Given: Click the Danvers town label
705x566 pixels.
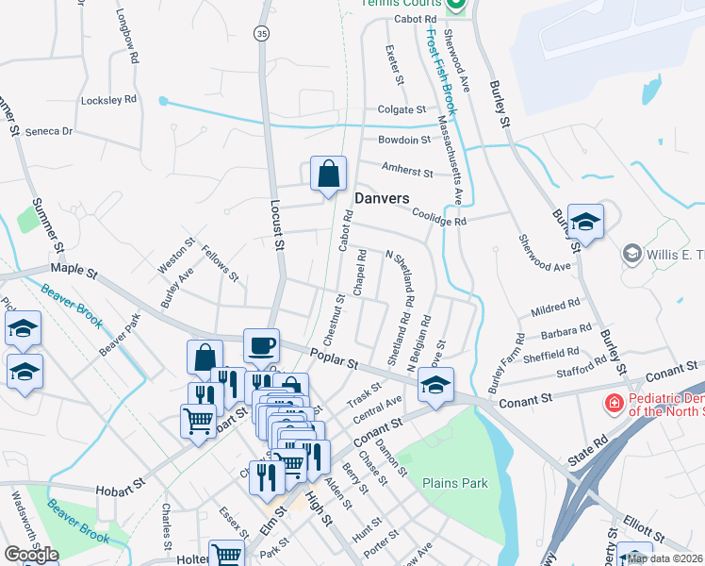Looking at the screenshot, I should click(382, 198).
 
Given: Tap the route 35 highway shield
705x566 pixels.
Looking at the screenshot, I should click(262, 33).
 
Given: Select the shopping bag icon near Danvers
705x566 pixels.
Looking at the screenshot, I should click(328, 175).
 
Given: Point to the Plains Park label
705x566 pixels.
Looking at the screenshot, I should click(455, 483).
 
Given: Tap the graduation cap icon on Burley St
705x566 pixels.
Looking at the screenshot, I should click(585, 223).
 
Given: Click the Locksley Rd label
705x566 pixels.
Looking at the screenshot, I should click(109, 99).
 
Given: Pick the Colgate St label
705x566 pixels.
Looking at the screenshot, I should click(402, 109).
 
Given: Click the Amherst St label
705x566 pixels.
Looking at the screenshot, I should click(407, 173).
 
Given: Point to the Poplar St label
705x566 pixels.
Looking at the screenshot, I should click(335, 359).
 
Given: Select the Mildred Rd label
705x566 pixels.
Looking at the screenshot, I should click(555, 308).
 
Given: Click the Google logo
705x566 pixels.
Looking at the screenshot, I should click(31, 555).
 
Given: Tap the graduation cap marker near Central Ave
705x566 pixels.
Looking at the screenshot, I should click(435, 385).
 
